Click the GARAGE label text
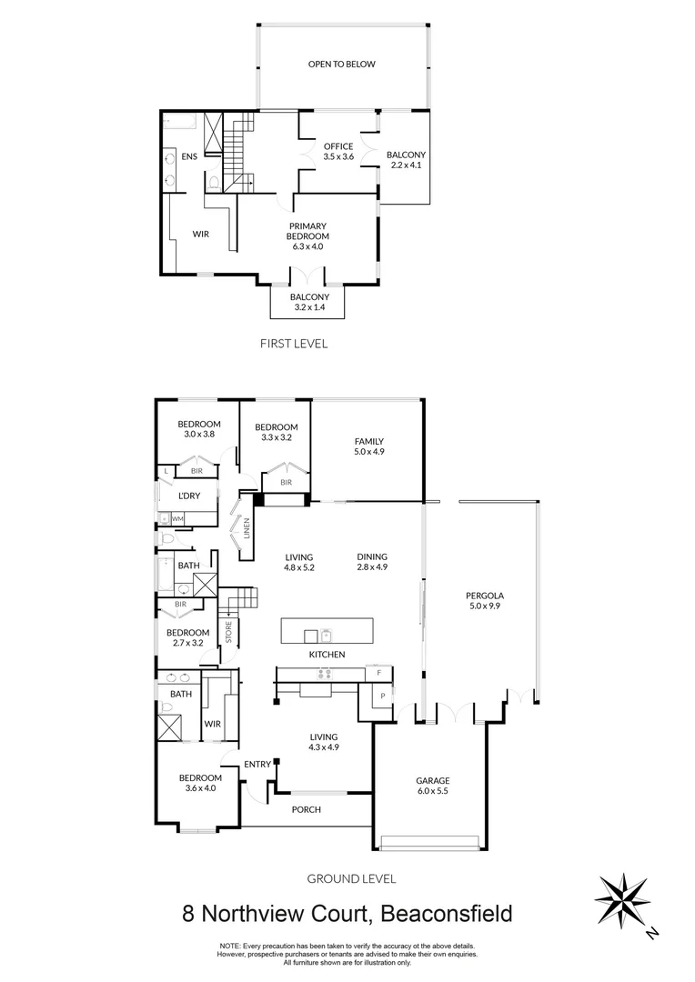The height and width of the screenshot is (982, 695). pos(433,780)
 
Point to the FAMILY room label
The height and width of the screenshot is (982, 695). pos(368,442)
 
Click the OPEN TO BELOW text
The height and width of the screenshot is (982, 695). pos(341,65)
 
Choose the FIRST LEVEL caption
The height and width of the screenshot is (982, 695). pos(294,344)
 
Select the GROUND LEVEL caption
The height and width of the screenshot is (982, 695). pos(350,878)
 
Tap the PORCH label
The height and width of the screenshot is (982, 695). pos(306,809)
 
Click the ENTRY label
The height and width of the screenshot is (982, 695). pos(257,765)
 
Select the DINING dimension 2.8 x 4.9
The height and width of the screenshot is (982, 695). pos(372,568)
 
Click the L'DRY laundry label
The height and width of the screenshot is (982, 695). pos(189,495)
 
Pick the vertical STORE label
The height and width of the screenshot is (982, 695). pos(229,631)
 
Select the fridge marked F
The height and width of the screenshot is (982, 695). pos(378,674)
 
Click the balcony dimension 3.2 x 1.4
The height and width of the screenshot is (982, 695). pos(309,308)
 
